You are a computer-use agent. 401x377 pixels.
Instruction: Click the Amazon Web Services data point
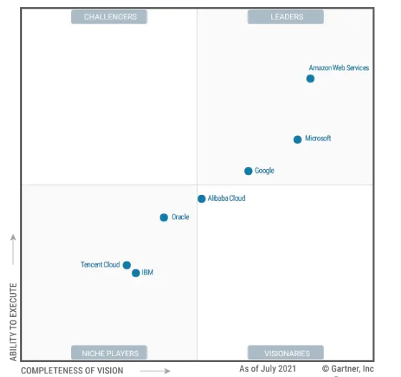[310, 79]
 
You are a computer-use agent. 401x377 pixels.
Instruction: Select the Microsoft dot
[297, 140]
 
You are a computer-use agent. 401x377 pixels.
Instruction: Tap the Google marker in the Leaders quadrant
[248, 171]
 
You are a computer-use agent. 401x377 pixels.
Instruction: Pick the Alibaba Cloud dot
[201, 199]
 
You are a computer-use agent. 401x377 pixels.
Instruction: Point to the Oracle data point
[164, 217]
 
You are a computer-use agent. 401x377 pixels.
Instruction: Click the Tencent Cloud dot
[127, 265]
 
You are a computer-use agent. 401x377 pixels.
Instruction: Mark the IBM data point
[136, 273]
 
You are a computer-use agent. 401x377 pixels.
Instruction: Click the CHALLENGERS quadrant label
[109, 17]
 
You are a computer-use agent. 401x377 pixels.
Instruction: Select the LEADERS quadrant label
[286, 17]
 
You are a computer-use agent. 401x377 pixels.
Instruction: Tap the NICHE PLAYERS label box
[109, 353]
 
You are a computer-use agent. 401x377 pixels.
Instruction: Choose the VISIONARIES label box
[286, 353]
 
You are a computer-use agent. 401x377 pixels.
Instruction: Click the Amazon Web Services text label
[339, 68]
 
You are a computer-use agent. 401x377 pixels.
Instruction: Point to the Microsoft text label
[318, 138]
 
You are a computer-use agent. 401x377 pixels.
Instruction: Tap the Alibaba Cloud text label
[226, 198]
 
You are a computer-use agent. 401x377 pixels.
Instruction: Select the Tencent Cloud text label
[100, 264]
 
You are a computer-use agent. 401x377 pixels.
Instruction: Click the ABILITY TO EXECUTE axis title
[14, 322]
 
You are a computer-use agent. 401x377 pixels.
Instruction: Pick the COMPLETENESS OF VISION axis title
[72, 371]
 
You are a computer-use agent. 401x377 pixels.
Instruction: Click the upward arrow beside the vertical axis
[13, 249]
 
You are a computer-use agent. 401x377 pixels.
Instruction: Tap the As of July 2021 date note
[268, 369]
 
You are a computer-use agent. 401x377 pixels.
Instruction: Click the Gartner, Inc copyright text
[348, 369]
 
